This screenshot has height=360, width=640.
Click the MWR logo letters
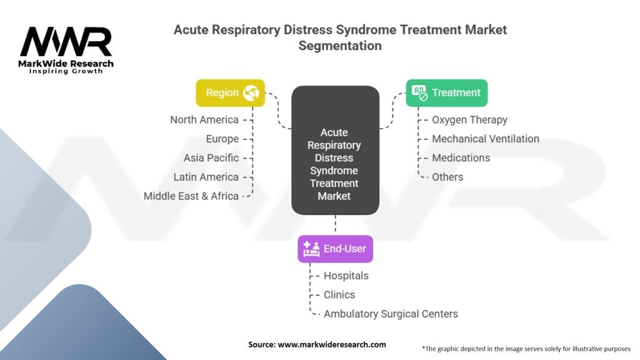[66, 42]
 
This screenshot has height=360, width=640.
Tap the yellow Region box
[230, 92]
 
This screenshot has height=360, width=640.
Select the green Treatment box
[447, 92]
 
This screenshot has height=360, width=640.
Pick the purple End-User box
[336, 249]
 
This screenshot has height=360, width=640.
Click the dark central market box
[335, 150]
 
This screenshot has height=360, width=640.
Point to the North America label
[204, 119]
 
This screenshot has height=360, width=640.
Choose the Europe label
[222, 139]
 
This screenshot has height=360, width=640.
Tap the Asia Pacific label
[211, 157]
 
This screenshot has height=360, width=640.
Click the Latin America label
[206, 177]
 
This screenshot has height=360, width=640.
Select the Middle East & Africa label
[191, 196]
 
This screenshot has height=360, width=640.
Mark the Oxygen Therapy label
[470, 119]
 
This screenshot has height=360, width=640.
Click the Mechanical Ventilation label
[486, 139]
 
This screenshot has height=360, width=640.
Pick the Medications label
[461, 157]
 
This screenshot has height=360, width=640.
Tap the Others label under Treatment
[447, 177]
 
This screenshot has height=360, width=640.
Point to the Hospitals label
[346, 276]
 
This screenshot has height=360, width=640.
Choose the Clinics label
[339, 294]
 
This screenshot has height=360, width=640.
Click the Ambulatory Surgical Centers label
[391, 314]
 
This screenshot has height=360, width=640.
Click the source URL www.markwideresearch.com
[331, 344]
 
